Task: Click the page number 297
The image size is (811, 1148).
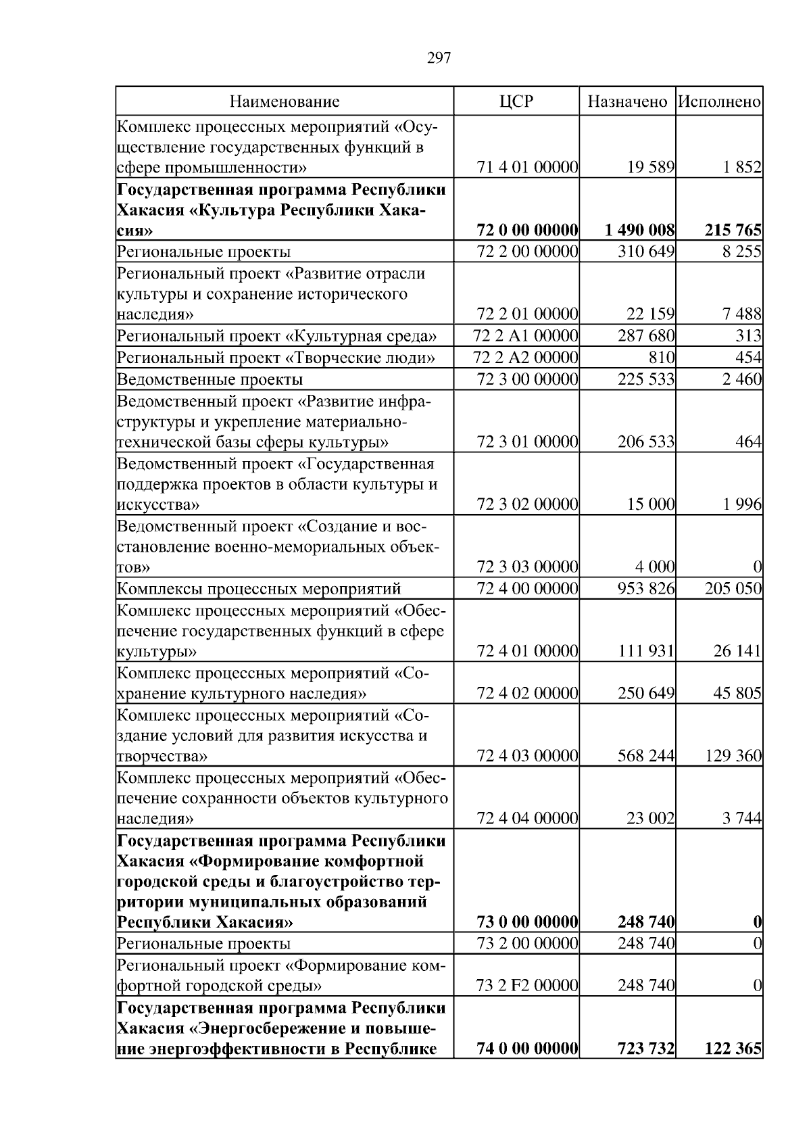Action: coord(439,58)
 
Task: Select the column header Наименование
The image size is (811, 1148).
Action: coord(285,102)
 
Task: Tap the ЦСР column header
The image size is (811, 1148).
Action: coord(516,102)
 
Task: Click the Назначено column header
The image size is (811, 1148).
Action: coord(627,102)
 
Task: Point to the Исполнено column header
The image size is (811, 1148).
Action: coord(719,102)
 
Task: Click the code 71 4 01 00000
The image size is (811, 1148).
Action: coord(527,168)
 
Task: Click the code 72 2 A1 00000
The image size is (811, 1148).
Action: coord(526,336)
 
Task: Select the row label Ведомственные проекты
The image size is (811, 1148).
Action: coord(210,379)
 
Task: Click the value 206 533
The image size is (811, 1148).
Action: coord(645,442)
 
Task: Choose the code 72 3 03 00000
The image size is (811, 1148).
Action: coord(527,567)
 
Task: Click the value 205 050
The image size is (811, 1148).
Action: coord(733,589)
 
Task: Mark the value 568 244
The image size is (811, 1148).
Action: coord(645,756)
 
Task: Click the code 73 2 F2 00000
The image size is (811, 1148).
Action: coord(526,986)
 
